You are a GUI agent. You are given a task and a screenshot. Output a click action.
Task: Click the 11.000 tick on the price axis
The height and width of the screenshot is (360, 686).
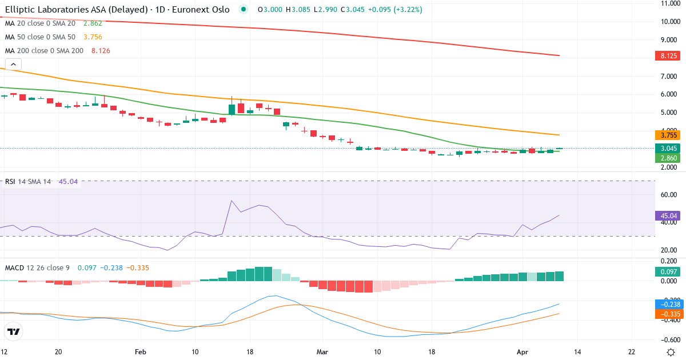click(x=669, y=3)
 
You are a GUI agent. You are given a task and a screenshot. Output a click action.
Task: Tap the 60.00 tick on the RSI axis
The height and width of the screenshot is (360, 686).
click(x=669, y=195)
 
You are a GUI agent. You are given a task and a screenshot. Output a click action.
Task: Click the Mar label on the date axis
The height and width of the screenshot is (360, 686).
click(x=322, y=353)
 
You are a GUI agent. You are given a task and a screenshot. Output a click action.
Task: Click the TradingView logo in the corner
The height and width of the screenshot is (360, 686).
click(x=14, y=331)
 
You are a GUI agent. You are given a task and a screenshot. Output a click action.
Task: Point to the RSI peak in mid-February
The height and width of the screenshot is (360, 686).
click(x=232, y=201)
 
